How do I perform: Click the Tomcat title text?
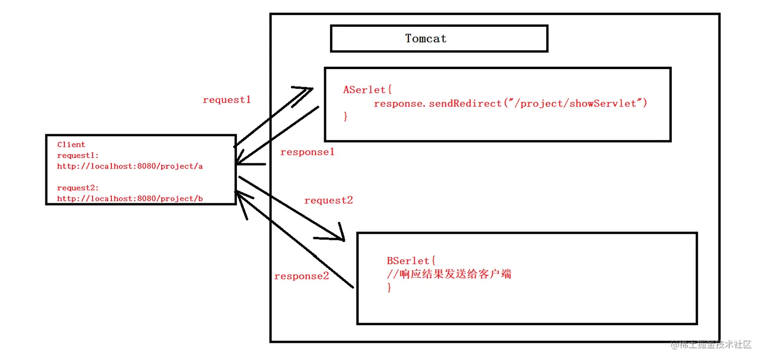pos(426,38)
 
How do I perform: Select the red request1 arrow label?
pos(227,100)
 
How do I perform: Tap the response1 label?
pos(307,152)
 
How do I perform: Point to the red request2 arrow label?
pos(329,201)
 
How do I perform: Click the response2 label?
pos(301,276)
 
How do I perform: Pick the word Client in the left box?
pos(71,145)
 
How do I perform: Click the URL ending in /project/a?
pos(130,166)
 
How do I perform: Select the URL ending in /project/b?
pos(130,199)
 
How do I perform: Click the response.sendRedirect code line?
pos(510,103)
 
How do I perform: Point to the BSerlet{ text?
pos(411,261)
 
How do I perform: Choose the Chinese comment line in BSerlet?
pos(449,274)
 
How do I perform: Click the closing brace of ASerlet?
pos(346,116)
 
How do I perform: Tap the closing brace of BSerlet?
pos(389,287)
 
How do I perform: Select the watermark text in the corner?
pos(711,345)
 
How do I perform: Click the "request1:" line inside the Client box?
pos(78,155)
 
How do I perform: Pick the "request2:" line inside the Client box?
pos(78,188)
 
